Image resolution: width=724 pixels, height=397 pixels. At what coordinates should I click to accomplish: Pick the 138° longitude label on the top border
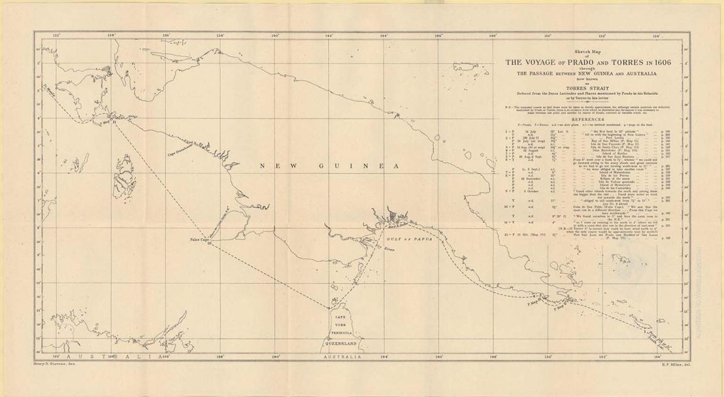pyautogui.click(x=221, y=36)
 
